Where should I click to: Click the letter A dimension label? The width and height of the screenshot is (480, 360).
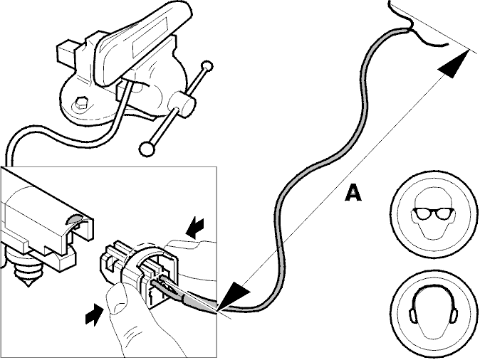tap(353, 193)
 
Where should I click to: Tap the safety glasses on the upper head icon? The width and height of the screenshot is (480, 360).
tap(432, 213)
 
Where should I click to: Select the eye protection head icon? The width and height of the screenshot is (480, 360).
tap(434, 213)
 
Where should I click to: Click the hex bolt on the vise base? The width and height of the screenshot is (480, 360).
tap(81, 103)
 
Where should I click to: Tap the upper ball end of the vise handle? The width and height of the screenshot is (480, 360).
tap(207, 66)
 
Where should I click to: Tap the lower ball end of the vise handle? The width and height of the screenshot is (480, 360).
tap(146, 149)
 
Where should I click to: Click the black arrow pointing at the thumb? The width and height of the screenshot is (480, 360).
tap(94, 314)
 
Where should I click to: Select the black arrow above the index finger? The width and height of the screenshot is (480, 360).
tap(195, 228)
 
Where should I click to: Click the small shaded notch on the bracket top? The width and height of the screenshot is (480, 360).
tap(75, 218)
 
